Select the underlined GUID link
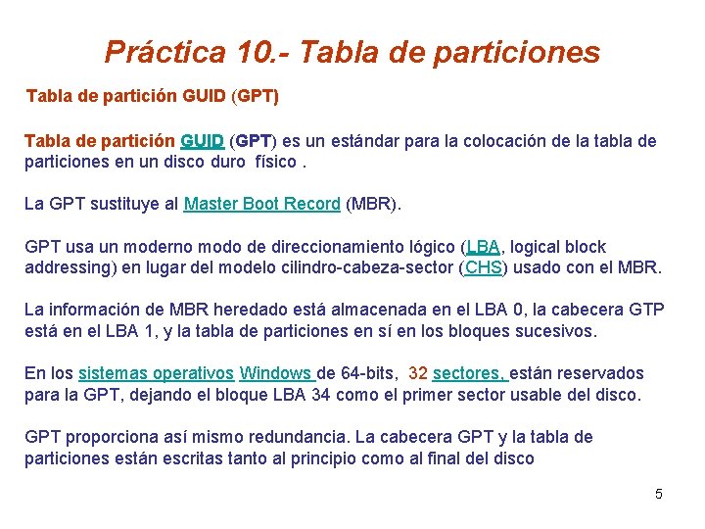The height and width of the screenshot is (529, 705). pos(202,141)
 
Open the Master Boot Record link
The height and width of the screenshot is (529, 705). pos(262,204)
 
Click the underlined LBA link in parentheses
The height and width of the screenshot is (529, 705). pos(482,247)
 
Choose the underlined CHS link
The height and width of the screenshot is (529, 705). pos(483,267)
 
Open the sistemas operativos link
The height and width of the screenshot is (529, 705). pos(156,373)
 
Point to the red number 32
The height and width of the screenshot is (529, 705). pos(417,373)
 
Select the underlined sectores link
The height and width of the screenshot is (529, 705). pos(469,373)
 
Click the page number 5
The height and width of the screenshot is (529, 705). pos(658,494)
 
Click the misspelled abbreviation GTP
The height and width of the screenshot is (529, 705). pos(646,310)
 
